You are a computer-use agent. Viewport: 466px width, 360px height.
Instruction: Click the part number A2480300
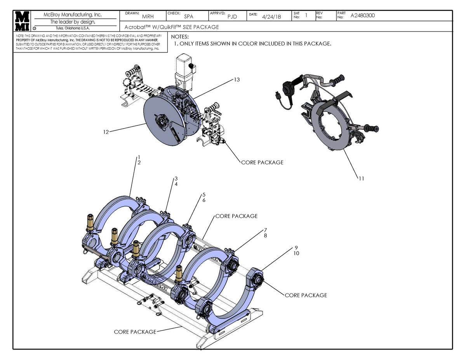[x=363, y=16]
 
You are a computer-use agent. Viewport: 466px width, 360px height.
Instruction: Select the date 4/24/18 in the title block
[x=271, y=17]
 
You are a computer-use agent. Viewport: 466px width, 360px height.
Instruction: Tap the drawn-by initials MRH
[x=148, y=17]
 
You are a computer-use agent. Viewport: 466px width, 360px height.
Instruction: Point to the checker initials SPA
[x=189, y=17]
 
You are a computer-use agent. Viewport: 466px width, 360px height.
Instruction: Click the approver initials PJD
[x=232, y=17]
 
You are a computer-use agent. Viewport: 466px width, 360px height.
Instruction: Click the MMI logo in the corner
[x=22, y=21]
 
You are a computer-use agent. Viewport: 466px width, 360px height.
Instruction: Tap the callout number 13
[x=236, y=80]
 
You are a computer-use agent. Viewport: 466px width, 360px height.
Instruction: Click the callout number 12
[x=106, y=132]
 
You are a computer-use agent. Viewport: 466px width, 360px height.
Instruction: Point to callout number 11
[x=361, y=179]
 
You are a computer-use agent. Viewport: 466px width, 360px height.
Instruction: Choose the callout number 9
[x=296, y=247]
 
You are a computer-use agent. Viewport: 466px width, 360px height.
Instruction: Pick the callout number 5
[x=203, y=194]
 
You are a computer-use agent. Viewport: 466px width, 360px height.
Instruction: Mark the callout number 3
[x=176, y=178]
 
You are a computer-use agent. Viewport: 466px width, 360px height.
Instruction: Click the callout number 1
[x=139, y=157]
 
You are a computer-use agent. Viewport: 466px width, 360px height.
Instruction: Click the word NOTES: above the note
[x=180, y=36]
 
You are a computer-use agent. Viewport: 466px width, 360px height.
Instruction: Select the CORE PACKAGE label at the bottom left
[x=135, y=332]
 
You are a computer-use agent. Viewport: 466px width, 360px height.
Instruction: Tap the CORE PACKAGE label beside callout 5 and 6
[x=236, y=216]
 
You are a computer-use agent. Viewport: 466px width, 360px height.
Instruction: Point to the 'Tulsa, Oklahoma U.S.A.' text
[x=73, y=28]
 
